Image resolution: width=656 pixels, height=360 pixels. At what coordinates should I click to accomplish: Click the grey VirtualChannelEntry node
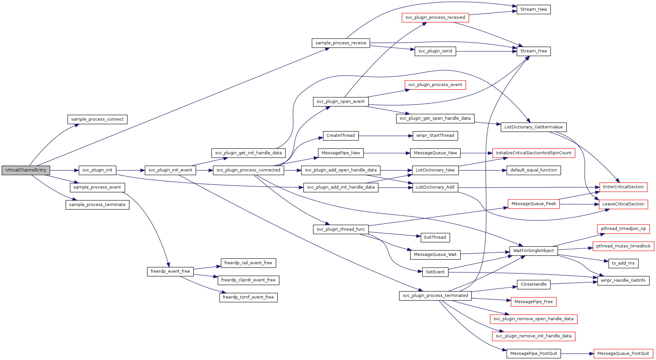pos(26,170)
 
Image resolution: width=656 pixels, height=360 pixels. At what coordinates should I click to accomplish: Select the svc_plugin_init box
pos(97,170)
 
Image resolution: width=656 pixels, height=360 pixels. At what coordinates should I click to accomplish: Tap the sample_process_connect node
pos(97,119)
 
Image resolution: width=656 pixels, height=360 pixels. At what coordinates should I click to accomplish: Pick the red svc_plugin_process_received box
pos(435,17)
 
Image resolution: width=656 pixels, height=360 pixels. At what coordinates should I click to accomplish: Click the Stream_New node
pos(533,9)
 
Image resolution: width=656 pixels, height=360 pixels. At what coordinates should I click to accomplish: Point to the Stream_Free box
pos(533,51)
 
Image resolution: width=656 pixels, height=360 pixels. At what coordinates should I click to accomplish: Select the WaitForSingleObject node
pos(533,251)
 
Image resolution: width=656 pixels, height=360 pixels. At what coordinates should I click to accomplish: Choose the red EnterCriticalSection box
pos(623,187)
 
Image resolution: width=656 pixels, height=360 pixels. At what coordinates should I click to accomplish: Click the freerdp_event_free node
pos(170,271)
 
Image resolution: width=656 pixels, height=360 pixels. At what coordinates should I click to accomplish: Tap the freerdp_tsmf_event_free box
pos(248,297)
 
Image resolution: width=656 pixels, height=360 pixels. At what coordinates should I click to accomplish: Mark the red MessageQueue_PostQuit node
pos(623,354)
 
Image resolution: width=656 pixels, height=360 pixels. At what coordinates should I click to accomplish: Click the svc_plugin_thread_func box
pos(340,229)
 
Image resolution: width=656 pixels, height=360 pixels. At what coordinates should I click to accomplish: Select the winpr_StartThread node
pos(435,136)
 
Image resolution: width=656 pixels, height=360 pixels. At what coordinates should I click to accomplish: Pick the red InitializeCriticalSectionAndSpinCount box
pos(533,153)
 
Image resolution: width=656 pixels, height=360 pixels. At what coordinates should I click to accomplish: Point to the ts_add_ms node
pos(623,263)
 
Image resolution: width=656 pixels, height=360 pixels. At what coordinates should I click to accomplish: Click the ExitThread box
pos(435,237)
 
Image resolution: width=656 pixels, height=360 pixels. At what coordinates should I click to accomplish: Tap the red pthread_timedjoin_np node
pos(623,229)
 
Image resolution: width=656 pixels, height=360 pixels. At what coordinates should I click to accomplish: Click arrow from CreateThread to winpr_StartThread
pos(385,136)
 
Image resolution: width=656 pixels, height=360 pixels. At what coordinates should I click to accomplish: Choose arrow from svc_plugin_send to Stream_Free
pos(485,51)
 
